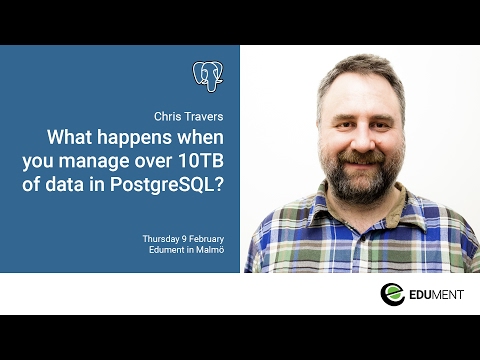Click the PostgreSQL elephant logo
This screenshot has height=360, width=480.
tap(208, 76)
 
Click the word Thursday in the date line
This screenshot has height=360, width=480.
tap(162, 239)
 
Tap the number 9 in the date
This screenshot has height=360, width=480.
tap(187, 239)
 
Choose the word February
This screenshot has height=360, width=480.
tap(207, 239)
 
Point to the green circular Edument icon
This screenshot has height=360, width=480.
tap(392, 294)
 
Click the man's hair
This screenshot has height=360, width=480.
tap(350, 70)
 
